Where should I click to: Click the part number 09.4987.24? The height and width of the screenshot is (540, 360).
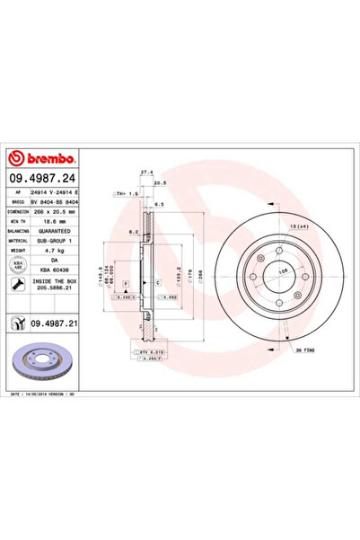click(46, 179)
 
